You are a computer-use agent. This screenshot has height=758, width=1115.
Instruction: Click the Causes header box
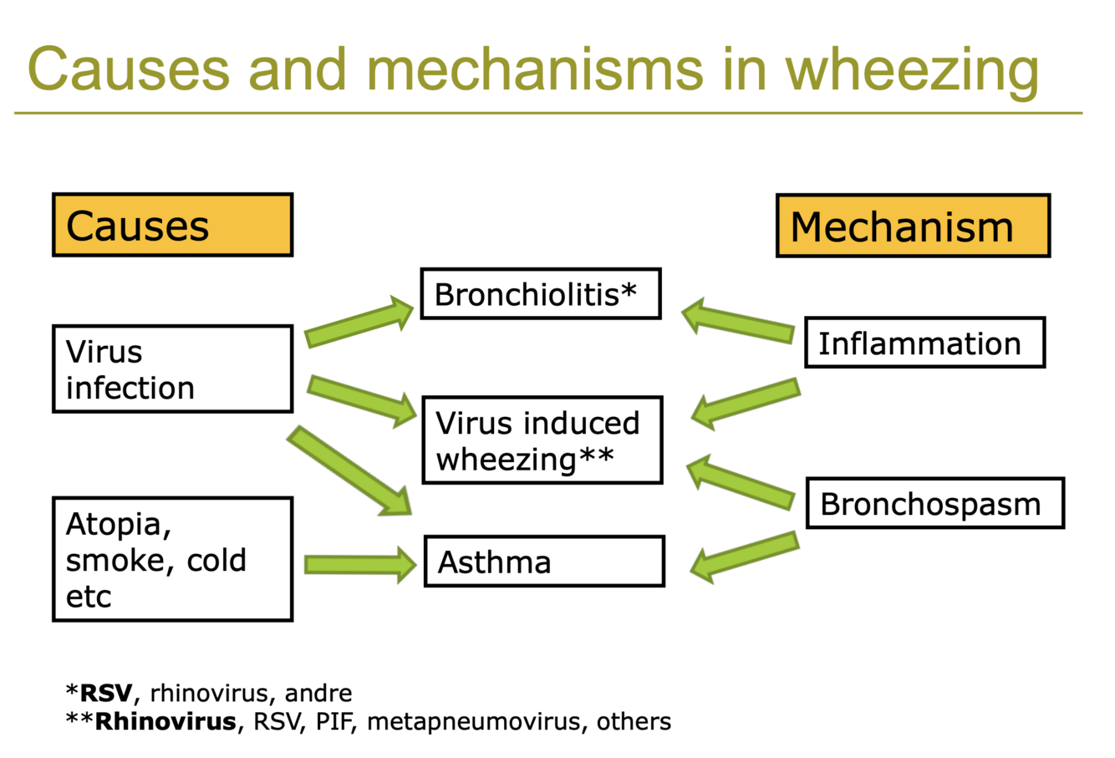pyautogui.click(x=172, y=225)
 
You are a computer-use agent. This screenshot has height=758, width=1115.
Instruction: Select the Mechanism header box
pyautogui.click(x=913, y=226)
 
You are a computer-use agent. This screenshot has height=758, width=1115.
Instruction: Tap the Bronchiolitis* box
pyautogui.click(x=540, y=293)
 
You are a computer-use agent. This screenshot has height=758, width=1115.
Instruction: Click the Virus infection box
pyautogui.click(x=172, y=369)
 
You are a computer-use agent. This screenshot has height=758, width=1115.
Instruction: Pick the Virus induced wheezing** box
pyautogui.click(x=542, y=440)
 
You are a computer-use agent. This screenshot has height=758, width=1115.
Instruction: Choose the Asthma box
pyautogui.click(x=544, y=562)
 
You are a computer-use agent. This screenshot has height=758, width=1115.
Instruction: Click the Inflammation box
pyautogui.click(x=924, y=343)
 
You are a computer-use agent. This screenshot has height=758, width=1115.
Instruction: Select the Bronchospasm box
pyautogui.click(x=934, y=503)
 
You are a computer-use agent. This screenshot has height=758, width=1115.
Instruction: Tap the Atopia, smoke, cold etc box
pyautogui.click(x=172, y=559)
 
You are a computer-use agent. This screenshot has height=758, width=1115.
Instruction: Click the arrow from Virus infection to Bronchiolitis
pyautogui.click(x=359, y=324)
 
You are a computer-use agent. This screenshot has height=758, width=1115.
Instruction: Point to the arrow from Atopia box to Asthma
pyautogui.click(x=359, y=564)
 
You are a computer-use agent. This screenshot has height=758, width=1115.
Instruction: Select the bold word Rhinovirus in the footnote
pyautogui.click(x=165, y=721)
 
